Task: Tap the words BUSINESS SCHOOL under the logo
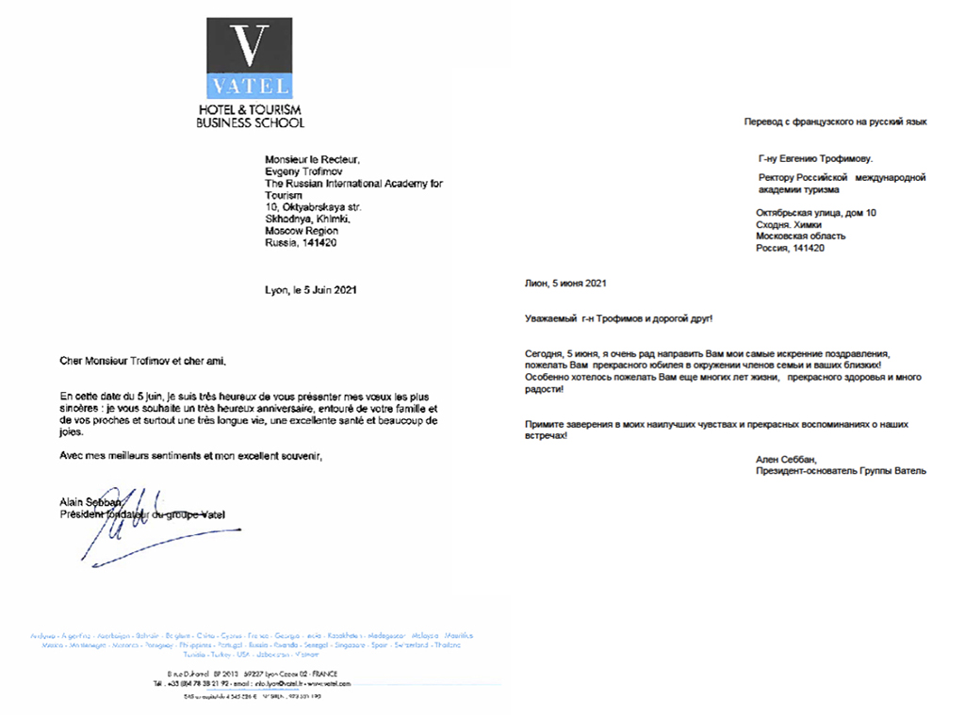[x=250, y=122]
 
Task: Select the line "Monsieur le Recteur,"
[x=312, y=159]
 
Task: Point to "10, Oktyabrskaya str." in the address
[x=314, y=207]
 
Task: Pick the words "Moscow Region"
[x=302, y=231]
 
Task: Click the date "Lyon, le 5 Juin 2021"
[x=311, y=290]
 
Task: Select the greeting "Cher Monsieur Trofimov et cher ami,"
[x=143, y=361]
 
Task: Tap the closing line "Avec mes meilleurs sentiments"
[x=131, y=456]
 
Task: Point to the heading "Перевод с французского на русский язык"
[x=835, y=122]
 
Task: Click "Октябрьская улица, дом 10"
[x=816, y=213]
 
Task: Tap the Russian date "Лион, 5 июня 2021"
[x=565, y=283]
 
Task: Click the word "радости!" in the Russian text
[x=544, y=389]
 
